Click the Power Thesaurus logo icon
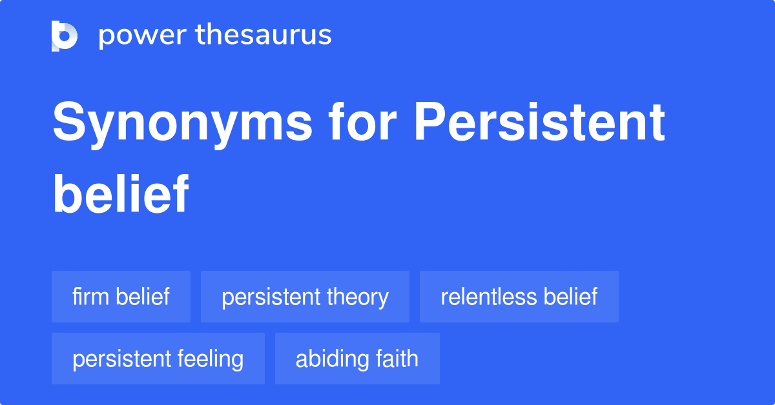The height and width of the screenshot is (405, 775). point(65,35)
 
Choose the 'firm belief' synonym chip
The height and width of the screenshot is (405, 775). point(121,297)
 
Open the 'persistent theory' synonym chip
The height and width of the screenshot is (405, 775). point(305,297)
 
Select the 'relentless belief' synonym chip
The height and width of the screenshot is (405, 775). point(519,297)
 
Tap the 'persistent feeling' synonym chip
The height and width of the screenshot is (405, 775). point(158,359)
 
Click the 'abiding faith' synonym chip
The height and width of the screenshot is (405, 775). point(357,359)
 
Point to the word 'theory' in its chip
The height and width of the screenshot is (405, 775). point(357,297)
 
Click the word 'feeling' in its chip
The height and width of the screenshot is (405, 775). point(212,359)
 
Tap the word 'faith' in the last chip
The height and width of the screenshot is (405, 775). point(399,359)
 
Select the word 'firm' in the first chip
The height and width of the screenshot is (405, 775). point(91,297)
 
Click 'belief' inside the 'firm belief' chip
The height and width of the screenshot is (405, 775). point(143,297)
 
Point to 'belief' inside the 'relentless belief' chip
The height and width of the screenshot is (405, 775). point(570,297)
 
